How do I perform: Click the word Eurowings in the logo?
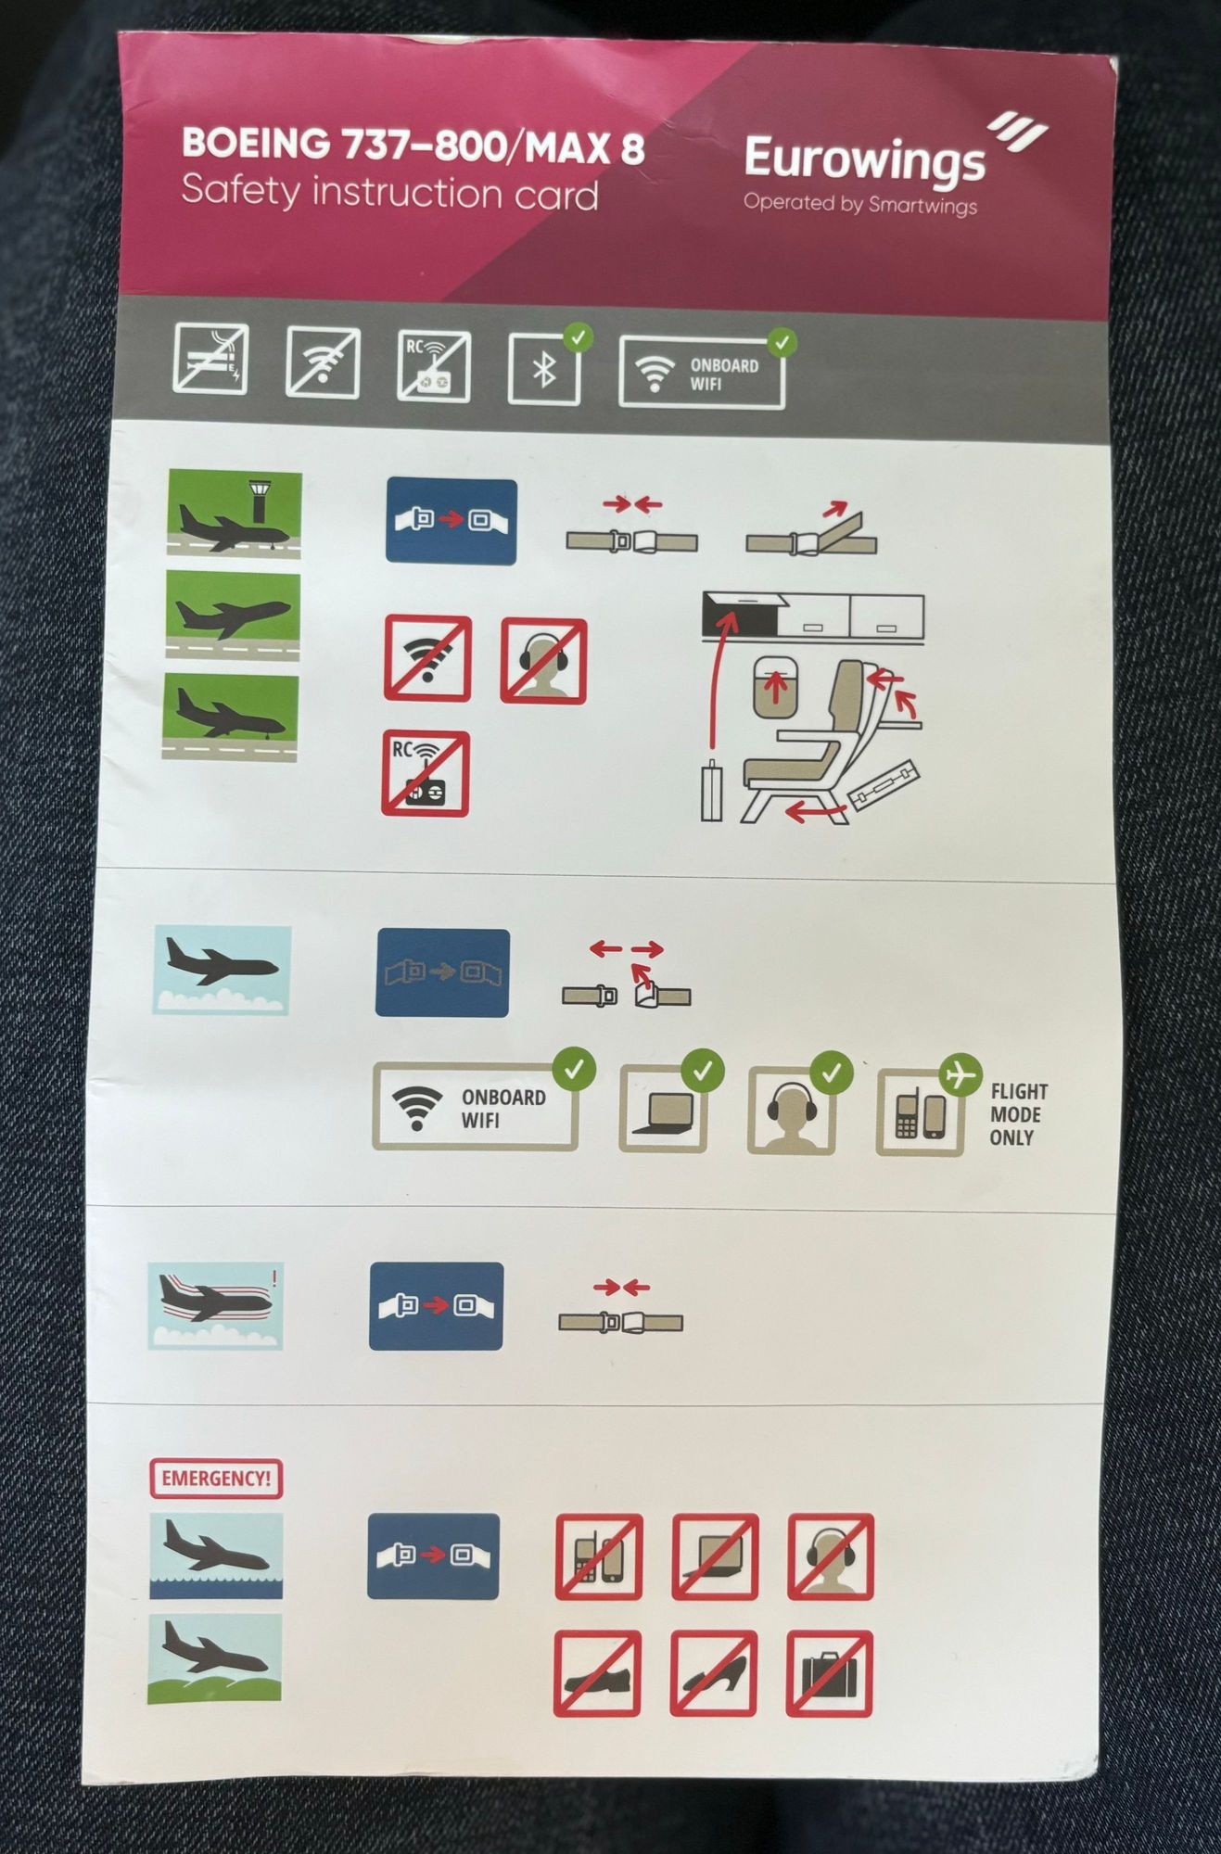863,159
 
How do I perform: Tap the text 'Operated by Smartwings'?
859,204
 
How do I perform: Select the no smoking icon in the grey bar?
210,359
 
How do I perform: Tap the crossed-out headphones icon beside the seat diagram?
543,660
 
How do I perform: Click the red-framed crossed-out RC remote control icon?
426,773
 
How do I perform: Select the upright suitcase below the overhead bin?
711,791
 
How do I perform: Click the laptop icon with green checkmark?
662,1111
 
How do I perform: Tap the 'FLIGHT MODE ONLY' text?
1017,1114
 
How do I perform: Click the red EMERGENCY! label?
216,1478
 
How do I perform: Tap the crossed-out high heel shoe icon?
713,1674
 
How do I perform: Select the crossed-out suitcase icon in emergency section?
830,1674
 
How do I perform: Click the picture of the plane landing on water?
216,1556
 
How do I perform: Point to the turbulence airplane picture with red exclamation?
215,1305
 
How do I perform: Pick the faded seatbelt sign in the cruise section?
442,973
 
